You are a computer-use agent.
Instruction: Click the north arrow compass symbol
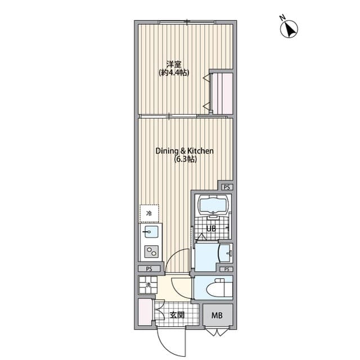coord(290,29)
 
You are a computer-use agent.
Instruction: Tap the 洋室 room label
coord(173,64)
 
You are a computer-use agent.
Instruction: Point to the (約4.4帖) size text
coord(173,73)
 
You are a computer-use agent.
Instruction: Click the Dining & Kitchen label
coord(184,151)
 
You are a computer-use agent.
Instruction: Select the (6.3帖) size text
coord(184,160)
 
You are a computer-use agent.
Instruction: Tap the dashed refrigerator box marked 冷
coord(149,213)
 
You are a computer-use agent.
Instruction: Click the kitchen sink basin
coord(151,232)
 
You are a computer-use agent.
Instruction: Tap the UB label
coord(211,228)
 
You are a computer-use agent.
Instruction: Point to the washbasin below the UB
coord(225,254)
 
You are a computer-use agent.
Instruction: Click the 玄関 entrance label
coord(178,314)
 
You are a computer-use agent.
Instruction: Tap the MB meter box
coord(217,315)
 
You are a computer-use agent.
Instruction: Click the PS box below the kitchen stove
coord(149,269)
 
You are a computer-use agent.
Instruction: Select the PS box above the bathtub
coord(226,187)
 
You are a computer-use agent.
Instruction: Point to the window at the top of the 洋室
coord(186,22)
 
